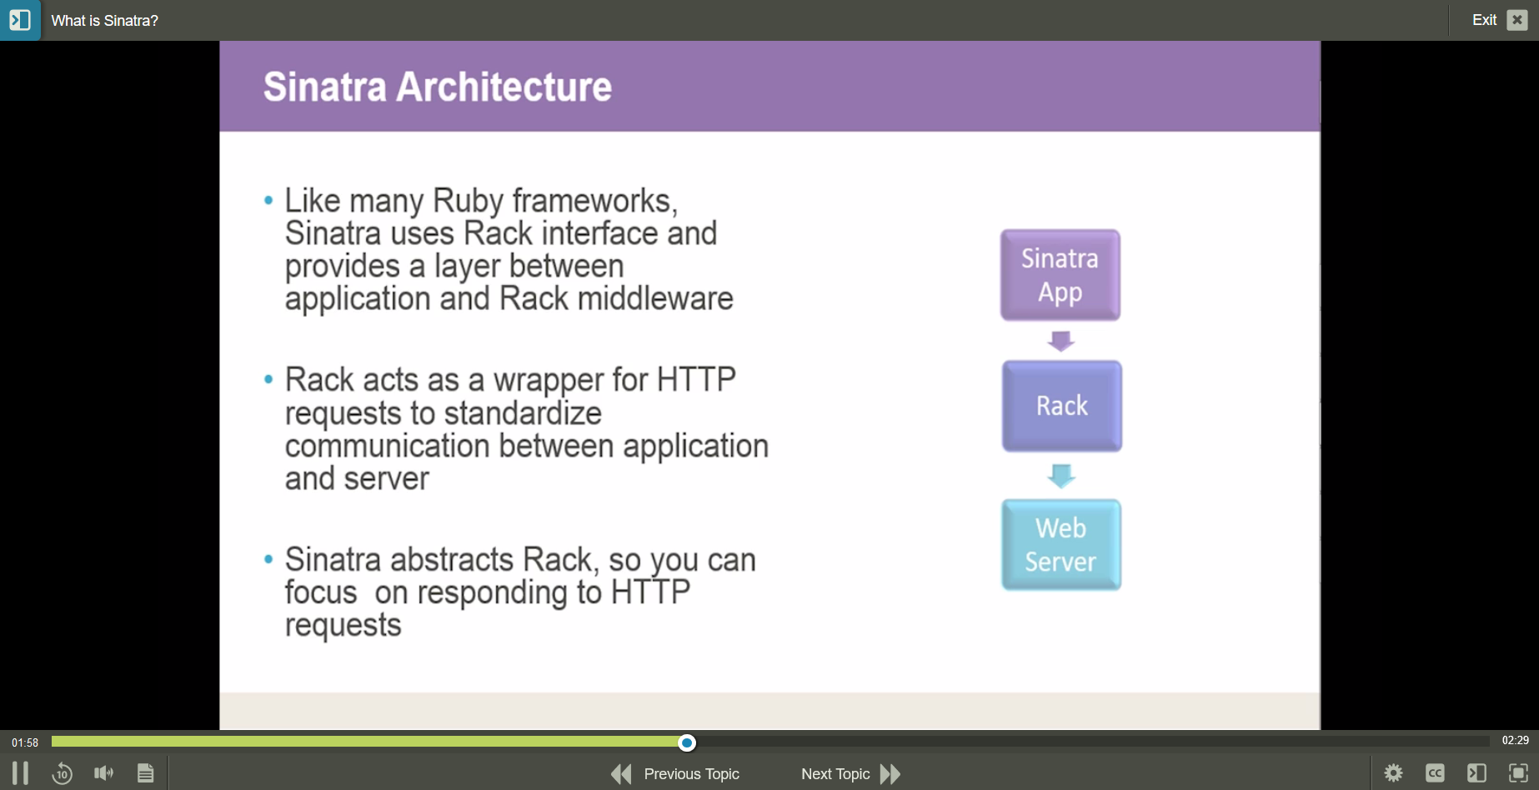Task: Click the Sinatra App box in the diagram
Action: pos(1060,275)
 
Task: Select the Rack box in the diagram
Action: pos(1061,406)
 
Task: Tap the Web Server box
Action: pos(1060,545)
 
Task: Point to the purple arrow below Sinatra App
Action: pos(1060,341)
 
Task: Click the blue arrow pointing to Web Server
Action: pos(1060,476)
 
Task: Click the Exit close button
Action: pos(1517,20)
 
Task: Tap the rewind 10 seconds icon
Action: pos(62,773)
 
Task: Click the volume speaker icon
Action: pos(103,773)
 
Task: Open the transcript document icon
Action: pos(145,773)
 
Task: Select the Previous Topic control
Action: pos(675,774)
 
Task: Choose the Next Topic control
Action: pos(850,774)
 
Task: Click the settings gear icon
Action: pos(1393,773)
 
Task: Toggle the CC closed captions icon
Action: pos(1435,773)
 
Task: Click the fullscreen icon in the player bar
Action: pos(1518,773)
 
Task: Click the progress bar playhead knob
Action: pos(687,742)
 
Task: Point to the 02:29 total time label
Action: pos(1515,740)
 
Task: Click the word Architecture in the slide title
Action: pos(504,87)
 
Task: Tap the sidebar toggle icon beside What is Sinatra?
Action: pos(20,20)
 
